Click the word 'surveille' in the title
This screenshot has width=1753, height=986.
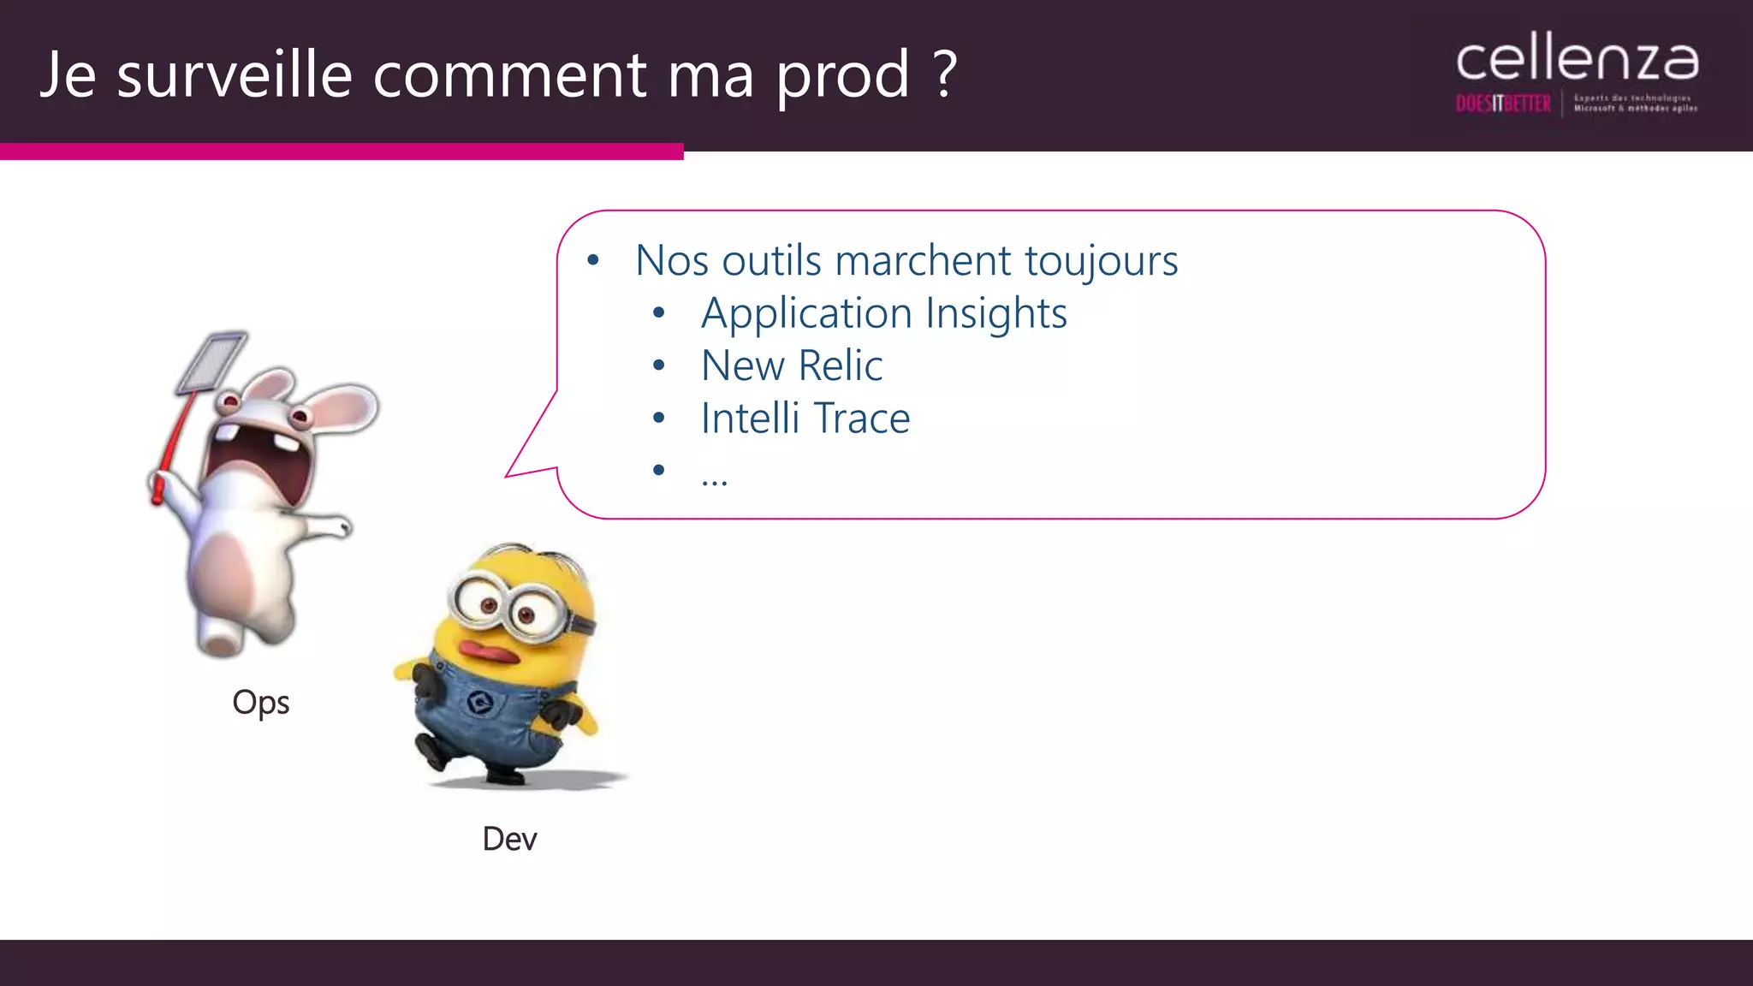(235, 74)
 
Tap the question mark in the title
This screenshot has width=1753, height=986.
(945, 74)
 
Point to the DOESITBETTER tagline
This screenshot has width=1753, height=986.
(1503, 104)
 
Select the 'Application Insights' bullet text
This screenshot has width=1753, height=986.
(883, 313)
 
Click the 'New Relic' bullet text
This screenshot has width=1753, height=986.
(791, 366)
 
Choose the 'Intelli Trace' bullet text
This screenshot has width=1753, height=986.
(805, 419)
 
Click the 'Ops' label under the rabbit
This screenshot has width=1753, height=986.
(261, 703)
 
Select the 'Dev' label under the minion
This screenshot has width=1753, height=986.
(509, 840)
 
